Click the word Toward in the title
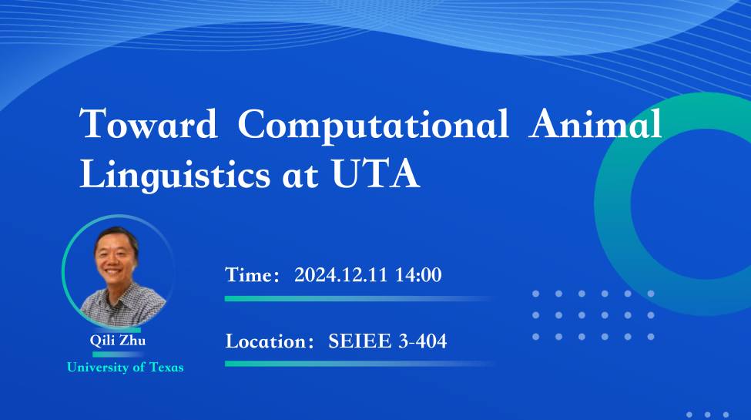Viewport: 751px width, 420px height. (148, 124)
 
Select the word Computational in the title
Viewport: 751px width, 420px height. (373, 126)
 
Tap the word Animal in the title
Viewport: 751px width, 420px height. (595, 123)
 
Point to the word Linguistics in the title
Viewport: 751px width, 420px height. (175, 175)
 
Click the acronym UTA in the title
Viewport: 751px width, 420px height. (376, 173)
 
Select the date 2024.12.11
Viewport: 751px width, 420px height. (340, 274)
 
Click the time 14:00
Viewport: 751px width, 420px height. (418, 274)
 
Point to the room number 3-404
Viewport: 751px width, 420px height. (423, 341)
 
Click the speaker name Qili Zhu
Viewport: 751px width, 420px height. (118, 341)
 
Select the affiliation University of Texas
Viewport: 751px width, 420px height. (126, 368)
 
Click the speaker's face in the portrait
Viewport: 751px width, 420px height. (114, 258)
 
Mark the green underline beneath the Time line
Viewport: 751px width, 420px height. (359, 299)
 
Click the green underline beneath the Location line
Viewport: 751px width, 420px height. (359, 364)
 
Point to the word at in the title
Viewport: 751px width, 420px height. (300, 176)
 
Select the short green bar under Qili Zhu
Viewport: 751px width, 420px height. (118, 354)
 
